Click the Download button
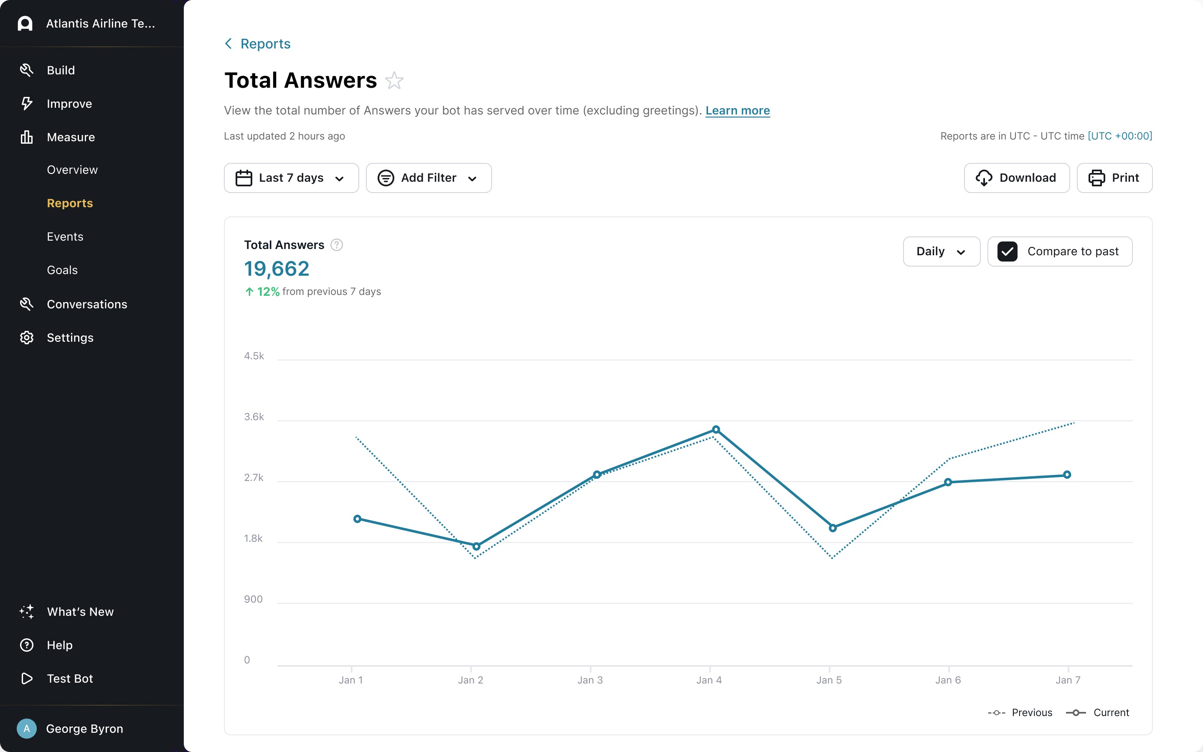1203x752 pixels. click(1017, 178)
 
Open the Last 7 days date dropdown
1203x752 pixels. click(291, 178)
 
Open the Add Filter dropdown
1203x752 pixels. click(429, 178)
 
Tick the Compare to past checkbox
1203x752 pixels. click(1007, 252)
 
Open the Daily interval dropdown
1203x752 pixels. click(941, 252)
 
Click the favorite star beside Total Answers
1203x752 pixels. click(394, 81)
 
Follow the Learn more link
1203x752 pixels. click(737, 110)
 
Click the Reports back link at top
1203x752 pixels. click(265, 44)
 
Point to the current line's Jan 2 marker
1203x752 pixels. click(476, 546)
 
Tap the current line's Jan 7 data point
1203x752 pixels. click(1067, 475)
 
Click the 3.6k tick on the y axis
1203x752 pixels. click(254, 417)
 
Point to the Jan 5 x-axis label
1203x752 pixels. click(829, 680)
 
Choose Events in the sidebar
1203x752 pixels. click(65, 237)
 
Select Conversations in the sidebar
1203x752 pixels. click(87, 305)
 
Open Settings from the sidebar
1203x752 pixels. click(70, 338)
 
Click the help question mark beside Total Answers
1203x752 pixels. click(337, 245)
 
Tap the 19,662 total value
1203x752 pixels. click(277, 269)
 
